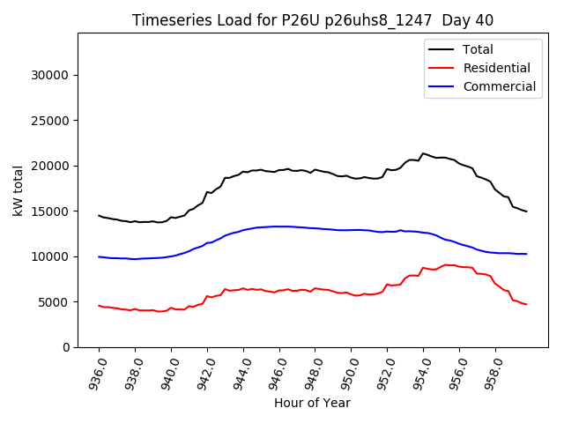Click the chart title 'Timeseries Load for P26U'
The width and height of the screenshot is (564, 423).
point(312,20)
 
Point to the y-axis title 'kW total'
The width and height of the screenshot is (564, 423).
point(18,190)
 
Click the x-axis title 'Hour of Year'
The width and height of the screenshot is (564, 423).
point(312,403)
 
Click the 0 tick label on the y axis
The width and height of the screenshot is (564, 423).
point(65,347)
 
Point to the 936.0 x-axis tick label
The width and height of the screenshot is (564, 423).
point(97,373)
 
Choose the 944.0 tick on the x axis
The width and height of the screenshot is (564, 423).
point(241,373)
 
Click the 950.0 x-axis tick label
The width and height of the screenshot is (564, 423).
point(349,373)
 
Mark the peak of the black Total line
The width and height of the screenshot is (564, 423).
point(423,153)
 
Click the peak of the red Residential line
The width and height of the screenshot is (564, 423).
point(446,264)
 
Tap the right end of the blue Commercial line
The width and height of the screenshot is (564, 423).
point(526,254)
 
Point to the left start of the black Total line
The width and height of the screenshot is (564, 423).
point(99,215)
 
